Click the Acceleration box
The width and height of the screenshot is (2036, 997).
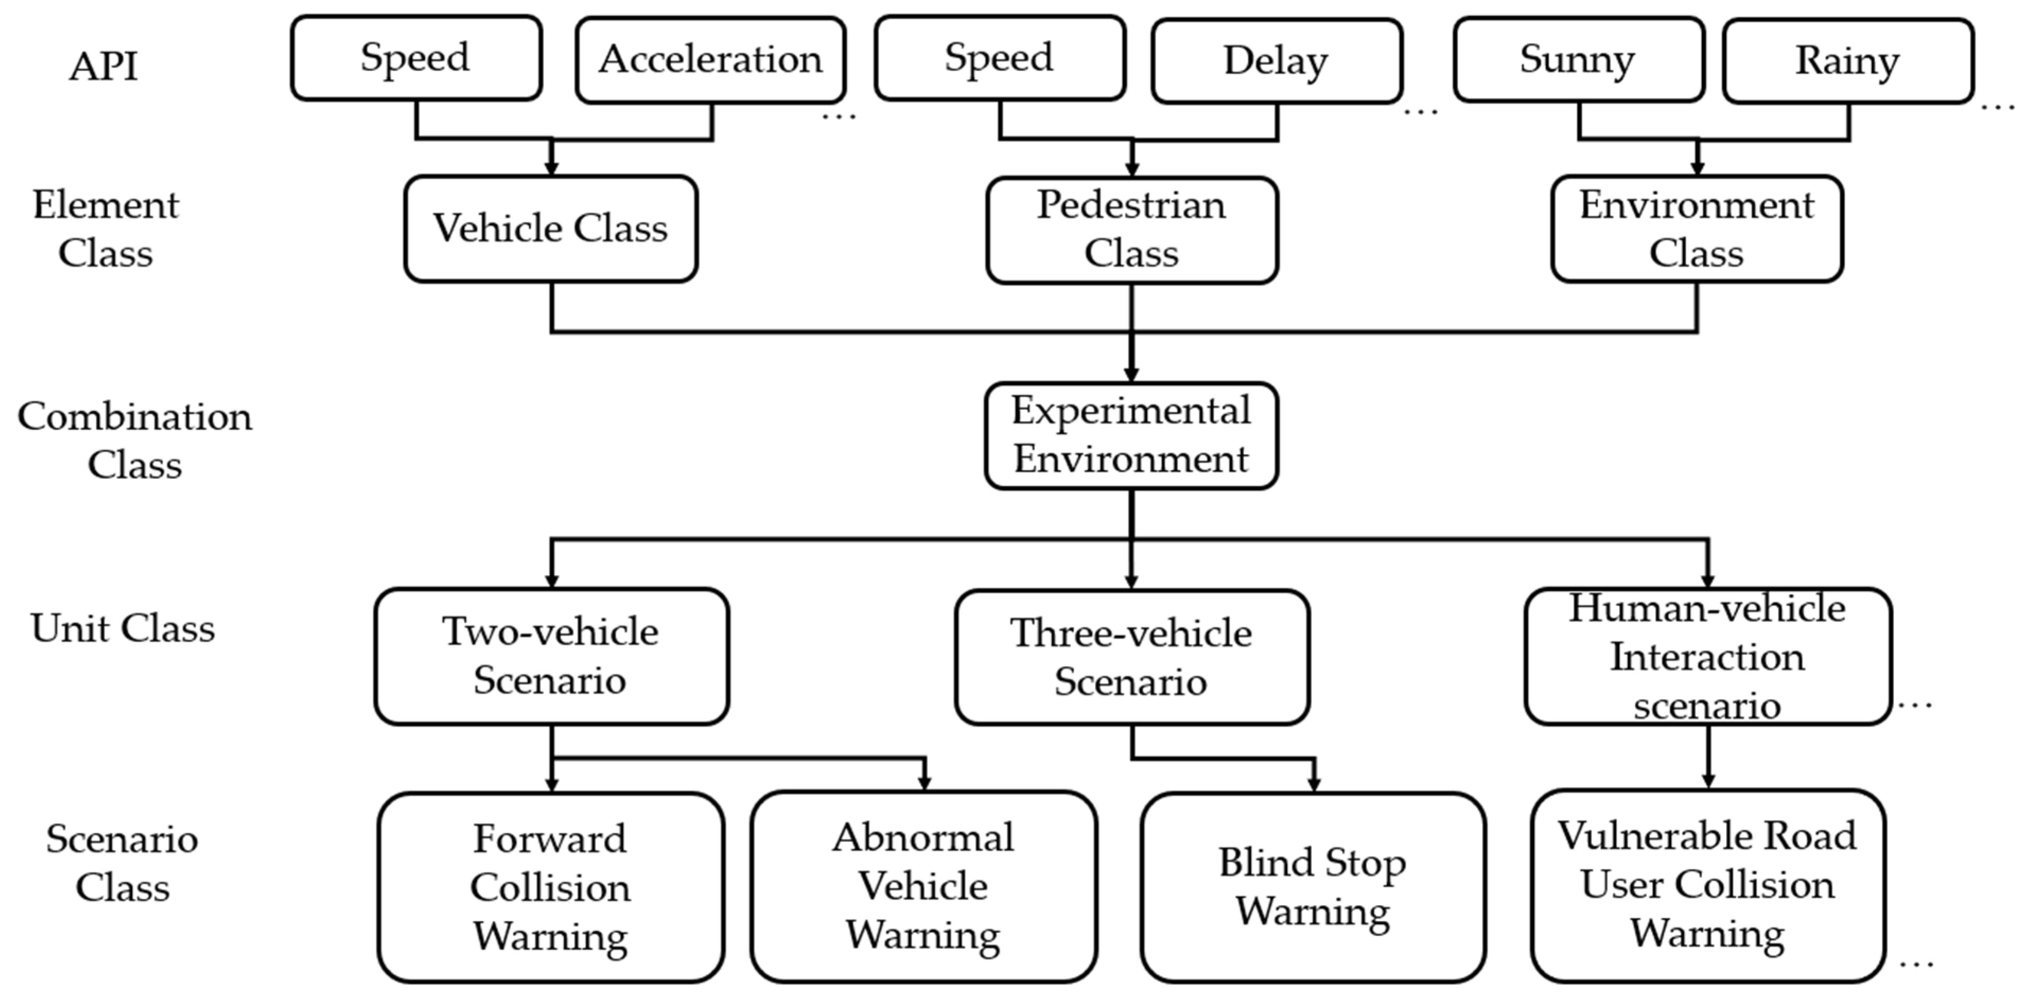[x=710, y=60]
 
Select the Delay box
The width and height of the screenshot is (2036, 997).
[x=1276, y=61]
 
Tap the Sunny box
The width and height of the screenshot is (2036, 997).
[x=1578, y=59]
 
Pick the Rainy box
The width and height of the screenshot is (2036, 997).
[x=1848, y=61]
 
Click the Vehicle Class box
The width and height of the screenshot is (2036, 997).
[x=551, y=228]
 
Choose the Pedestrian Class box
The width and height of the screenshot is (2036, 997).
[x=1132, y=229]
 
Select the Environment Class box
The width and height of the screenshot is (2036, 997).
[x=1697, y=229]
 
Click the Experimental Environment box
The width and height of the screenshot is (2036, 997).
[x=1131, y=435]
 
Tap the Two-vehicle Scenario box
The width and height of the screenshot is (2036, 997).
[x=551, y=656]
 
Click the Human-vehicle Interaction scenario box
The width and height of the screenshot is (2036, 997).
[x=1707, y=656]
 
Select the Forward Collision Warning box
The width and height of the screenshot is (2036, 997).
[x=551, y=887]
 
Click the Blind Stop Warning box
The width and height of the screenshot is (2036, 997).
[x=1313, y=887]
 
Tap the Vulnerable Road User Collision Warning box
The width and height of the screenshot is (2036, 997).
[x=1707, y=886]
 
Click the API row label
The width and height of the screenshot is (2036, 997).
[x=103, y=66]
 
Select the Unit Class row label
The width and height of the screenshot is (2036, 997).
[x=122, y=629]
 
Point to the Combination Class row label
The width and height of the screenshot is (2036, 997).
[x=134, y=440]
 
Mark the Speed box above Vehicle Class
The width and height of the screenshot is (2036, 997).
[x=416, y=58]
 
